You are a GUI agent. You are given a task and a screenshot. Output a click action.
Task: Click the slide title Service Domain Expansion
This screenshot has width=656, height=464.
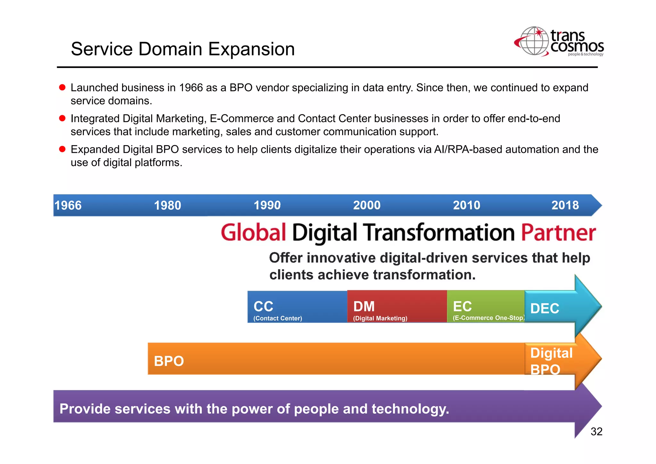pyautogui.click(x=183, y=49)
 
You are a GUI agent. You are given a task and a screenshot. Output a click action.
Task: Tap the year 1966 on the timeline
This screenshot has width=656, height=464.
pyautogui.click(x=68, y=205)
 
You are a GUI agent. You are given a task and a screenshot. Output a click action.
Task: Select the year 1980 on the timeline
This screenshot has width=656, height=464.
pyautogui.click(x=168, y=205)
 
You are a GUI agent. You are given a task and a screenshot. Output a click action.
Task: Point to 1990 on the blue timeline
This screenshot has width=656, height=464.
pyautogui.click(x=267, y=205)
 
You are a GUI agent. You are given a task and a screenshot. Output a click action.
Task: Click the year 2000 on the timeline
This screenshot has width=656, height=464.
pyautogui.click(x=367, y=205)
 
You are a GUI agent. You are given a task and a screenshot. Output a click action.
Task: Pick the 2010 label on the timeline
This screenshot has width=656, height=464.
pyautogui.click(x=466, y=205)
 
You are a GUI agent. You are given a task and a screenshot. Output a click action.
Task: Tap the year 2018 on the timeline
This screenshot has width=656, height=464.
pyautogui.click(x=565, y=205)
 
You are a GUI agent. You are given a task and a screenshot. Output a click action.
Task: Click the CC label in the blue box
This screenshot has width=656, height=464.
pyautogui.click(x=263, y=306)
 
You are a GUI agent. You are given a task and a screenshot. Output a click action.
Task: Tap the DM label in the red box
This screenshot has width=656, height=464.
pyautogui.click(x=364, y=306)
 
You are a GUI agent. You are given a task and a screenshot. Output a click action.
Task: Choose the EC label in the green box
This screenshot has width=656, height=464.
pyautogui.click(x=462, y=306)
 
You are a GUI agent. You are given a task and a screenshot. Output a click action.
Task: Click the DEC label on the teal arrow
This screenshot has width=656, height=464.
pyautogui.click(x=545, y=309)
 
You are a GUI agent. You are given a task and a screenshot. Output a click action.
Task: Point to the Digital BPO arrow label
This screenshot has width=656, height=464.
pyautogui.click(x=551, y=361)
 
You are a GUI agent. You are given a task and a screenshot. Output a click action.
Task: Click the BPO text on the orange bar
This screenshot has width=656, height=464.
pyautogui.click(x=169, y=361)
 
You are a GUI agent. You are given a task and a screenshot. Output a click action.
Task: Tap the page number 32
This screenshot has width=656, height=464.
pyautogui.click(x=596, y=432)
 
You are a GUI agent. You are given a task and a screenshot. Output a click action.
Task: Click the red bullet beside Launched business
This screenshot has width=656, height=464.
pyautogui.click(x=62, y=87)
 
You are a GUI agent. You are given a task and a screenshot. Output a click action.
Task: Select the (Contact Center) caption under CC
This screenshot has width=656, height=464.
pyautogui.click(x=277, y=319)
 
